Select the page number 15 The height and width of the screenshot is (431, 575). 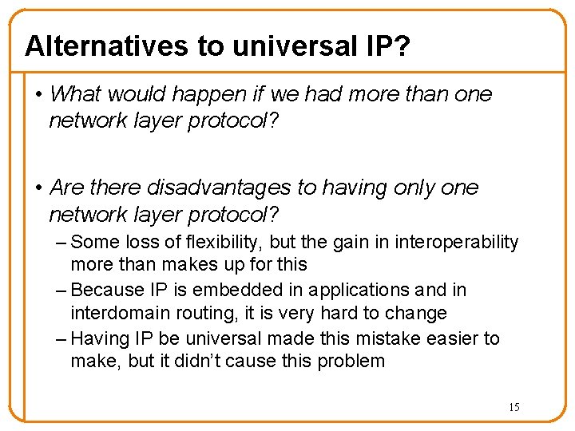tap(514, 407)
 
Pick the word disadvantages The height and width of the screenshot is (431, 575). tap(214, 188)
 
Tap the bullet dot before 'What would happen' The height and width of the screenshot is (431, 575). tap(38, 95)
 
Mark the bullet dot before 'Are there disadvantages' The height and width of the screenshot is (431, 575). tap(38, 188)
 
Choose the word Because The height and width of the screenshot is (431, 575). tap(105, 291)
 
